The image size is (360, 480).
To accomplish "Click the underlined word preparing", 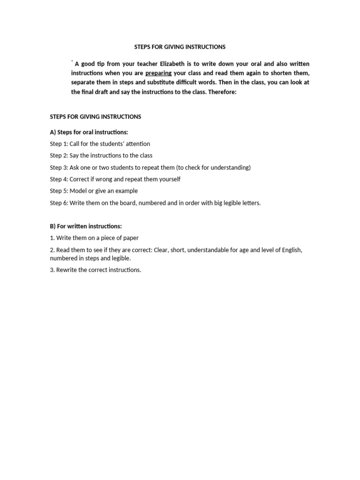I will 158,73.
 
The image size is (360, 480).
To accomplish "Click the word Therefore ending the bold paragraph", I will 222,92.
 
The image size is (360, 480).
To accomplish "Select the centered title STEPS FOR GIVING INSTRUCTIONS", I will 180,47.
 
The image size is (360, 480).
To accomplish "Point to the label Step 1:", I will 59,144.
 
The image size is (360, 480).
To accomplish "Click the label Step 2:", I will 59,156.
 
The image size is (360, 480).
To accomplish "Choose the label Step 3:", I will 59,167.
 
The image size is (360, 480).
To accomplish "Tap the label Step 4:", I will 59,179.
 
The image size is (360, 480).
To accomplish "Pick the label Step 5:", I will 59,191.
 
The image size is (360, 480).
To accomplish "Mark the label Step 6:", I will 59,203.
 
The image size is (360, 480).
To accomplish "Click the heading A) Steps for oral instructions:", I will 89,132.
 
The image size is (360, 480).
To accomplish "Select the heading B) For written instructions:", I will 86,226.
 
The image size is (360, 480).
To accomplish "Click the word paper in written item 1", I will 131,238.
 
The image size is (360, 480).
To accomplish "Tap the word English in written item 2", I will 291,250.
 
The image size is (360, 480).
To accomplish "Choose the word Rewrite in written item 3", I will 67,270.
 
